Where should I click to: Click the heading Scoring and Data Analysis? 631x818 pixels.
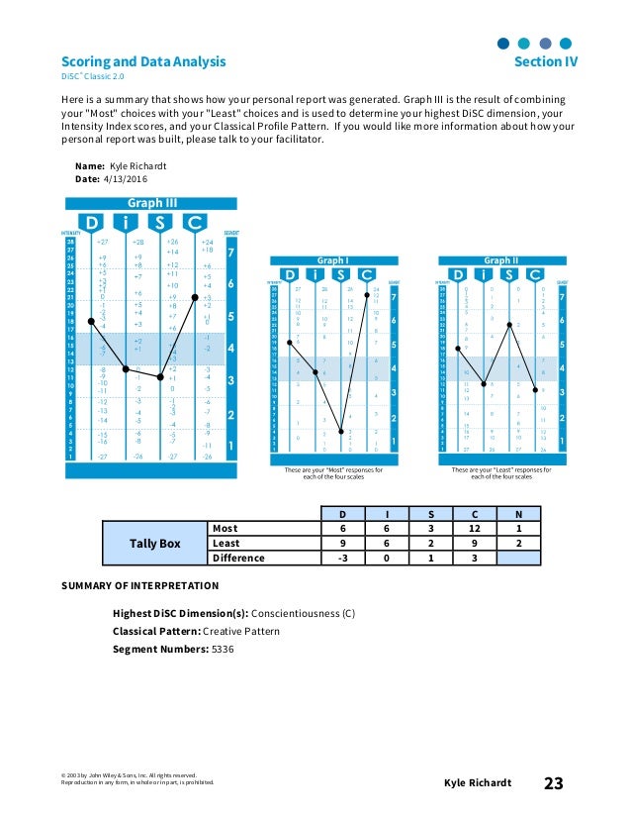pos(143,61)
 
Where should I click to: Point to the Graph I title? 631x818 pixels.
pos(331,261)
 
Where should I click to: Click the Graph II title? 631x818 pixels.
pos(500,261)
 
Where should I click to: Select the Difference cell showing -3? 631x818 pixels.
pos(343,558)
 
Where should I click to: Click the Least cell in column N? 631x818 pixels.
pos(520,543)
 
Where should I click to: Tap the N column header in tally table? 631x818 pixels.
pos(520,514)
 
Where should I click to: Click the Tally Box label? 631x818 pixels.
pos(155,543)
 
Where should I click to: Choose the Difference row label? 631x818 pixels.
pos(238,558)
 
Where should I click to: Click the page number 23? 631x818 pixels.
pos(553,783)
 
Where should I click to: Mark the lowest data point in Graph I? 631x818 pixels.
pos(341,430)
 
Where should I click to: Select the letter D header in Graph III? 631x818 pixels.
pos(91,223)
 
